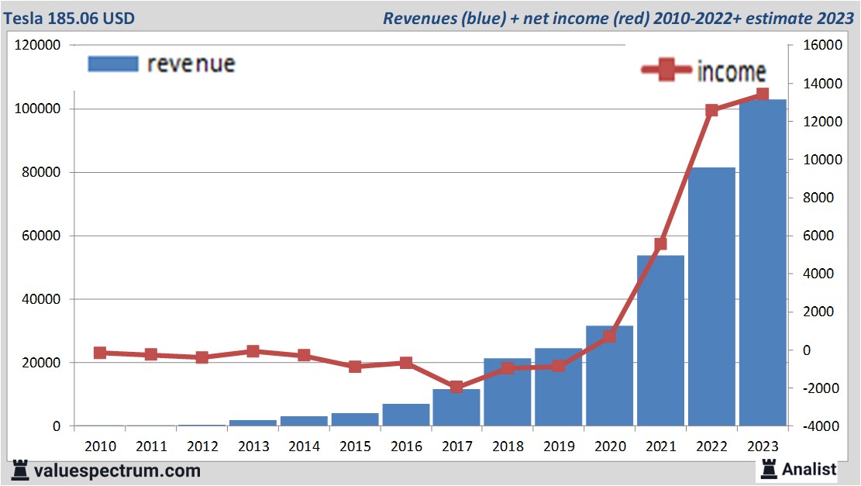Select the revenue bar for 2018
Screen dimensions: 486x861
coord(507,392)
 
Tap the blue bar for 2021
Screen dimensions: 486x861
coord(660,341)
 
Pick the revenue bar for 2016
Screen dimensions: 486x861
coord(405,415)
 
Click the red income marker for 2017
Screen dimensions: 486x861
coord(456,387)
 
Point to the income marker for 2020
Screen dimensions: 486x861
coord(609,336)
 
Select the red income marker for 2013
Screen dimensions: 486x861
coord(253,351)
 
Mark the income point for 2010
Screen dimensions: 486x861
coord(100,353)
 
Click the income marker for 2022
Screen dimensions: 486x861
coord(711,110)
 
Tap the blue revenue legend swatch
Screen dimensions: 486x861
coord(113,64)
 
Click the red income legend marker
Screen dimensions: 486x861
coord(666,71)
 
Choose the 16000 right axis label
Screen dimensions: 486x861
coord(815,46)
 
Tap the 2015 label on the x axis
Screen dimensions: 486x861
coord(355,446)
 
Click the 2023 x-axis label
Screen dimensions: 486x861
coord(763,446)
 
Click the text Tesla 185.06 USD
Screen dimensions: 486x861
coord(69,18)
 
